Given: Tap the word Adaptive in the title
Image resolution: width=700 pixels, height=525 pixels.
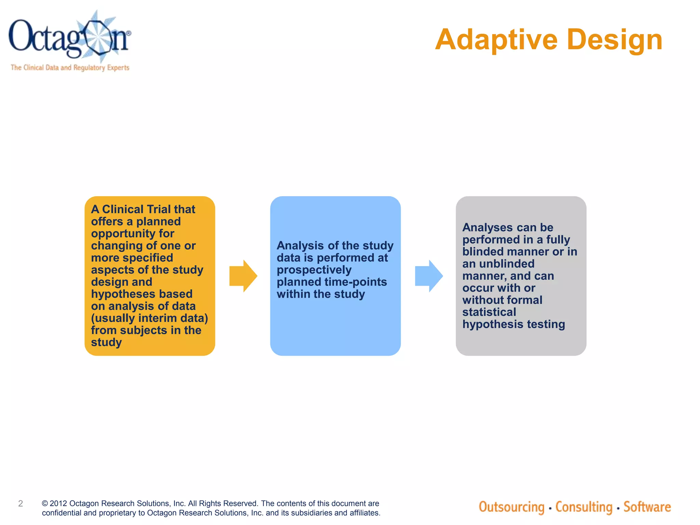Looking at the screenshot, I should (496, 40).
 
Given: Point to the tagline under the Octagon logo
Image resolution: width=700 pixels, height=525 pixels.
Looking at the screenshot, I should (70, 68).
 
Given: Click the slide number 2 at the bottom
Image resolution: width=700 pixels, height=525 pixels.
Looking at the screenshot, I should (21, 503).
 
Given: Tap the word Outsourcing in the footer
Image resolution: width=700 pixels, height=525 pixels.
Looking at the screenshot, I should (511, 507).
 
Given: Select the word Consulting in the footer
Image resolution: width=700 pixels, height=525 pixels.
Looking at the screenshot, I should (583, 507).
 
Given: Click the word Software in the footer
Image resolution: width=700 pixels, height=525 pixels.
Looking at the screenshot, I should (647, 507).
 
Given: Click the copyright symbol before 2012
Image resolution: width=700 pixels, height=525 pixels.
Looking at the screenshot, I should (45, 503).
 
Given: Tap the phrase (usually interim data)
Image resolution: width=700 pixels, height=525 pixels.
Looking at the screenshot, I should (149, 318).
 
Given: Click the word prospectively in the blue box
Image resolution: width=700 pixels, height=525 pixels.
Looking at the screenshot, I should (314, 270).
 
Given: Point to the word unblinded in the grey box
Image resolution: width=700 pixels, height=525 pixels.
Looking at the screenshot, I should (507, 264).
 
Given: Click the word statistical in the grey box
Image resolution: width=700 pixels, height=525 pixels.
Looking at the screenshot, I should (489, 312).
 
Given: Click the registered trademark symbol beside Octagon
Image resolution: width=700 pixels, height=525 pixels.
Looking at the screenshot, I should (129, 33).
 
